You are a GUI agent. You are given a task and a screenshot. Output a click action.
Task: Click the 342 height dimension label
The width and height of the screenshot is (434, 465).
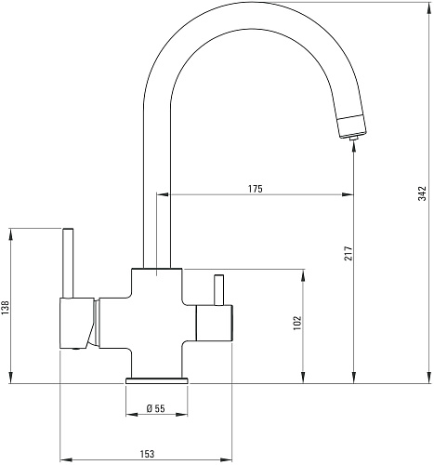click(x=422, y=193)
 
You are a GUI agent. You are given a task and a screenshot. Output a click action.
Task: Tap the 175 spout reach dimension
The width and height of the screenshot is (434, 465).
click(x=256, y=189)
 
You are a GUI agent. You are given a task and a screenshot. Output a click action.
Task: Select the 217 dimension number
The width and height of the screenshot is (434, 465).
click(x=349, y=253)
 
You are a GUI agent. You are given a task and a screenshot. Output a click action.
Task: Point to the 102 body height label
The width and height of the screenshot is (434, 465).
click(x=297, y=323)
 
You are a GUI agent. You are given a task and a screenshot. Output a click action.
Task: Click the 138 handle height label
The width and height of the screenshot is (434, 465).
click(x=6, y=308)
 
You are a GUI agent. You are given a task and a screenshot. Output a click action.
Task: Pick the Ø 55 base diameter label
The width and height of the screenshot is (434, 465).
click(x=156, y=408)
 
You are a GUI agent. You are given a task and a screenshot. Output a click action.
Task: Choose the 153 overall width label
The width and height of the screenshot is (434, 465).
click(x=147, y=454)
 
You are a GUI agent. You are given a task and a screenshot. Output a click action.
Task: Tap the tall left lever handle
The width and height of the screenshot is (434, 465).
click(x=68, y=263)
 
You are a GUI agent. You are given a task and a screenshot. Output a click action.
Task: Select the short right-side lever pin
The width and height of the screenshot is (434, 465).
click(x=219, y=290)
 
